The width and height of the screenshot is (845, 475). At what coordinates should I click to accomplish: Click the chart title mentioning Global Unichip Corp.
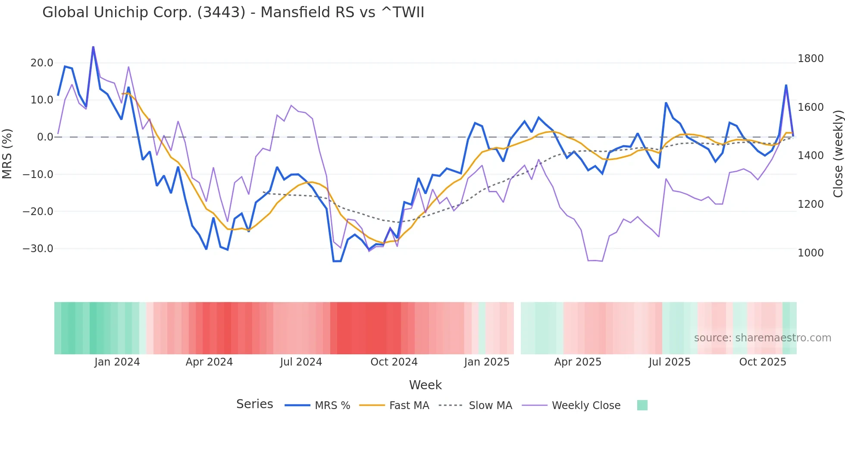233,12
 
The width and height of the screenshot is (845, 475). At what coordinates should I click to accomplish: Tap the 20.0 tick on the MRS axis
42,63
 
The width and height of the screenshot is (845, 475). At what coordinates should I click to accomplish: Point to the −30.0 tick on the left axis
38,249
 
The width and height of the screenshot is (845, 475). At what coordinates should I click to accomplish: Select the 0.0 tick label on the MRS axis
45,137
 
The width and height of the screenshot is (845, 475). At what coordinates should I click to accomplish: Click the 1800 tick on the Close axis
811,59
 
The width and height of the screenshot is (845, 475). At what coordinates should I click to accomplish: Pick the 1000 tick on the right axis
811,253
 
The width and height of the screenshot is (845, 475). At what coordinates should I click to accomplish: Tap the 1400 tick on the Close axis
811,156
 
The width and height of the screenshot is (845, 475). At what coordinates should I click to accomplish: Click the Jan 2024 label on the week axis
117,362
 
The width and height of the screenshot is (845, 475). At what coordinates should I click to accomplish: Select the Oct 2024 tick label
394,362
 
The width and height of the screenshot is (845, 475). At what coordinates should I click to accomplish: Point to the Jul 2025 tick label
670,362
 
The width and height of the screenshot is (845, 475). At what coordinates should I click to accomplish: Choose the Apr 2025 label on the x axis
578,362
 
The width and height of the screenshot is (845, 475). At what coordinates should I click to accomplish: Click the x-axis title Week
426,385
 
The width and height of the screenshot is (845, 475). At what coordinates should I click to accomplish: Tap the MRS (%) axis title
7,154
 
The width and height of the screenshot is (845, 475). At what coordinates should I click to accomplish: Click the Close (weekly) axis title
838,154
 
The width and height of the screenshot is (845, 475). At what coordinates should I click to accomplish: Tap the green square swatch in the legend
642,405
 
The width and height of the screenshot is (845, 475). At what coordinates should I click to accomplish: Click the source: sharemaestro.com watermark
763,338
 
